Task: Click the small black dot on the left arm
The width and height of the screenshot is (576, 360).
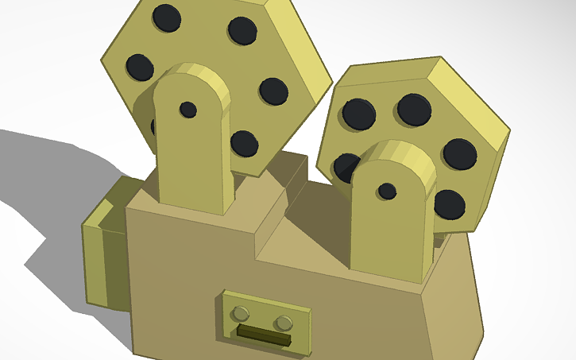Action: [188, 109]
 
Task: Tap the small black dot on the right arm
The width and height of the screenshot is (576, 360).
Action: [387, 191]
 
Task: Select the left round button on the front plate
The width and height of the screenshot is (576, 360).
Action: [244, 312]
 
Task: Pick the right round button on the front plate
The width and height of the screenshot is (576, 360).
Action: [284, 323]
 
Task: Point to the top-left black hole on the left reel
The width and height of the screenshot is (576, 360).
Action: [167, 18]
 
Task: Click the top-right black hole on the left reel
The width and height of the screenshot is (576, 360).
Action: [242, 30]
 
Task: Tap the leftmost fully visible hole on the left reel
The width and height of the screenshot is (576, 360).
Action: [140, 68]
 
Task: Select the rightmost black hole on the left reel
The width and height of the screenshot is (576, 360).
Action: [273, 91]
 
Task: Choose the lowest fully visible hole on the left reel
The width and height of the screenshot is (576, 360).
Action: [244, 144]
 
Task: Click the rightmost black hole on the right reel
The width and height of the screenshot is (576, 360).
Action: [459, 153]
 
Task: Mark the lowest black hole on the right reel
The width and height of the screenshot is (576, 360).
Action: [449, 205]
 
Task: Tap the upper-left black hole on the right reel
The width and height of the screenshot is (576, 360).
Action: [358, 114]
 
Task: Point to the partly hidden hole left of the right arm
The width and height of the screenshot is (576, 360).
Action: [346, 168]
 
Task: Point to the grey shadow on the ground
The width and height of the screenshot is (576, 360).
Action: [48, 183]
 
